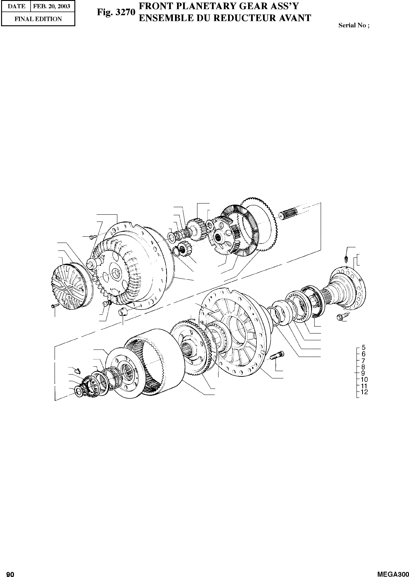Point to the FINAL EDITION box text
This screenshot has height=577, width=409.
pyautogui.click(x=38, y=19)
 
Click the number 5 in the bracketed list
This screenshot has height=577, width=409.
pyautogui.click(x=363, y=347)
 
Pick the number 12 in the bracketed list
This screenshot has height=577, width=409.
pyautogui.click(x=364, y=392)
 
